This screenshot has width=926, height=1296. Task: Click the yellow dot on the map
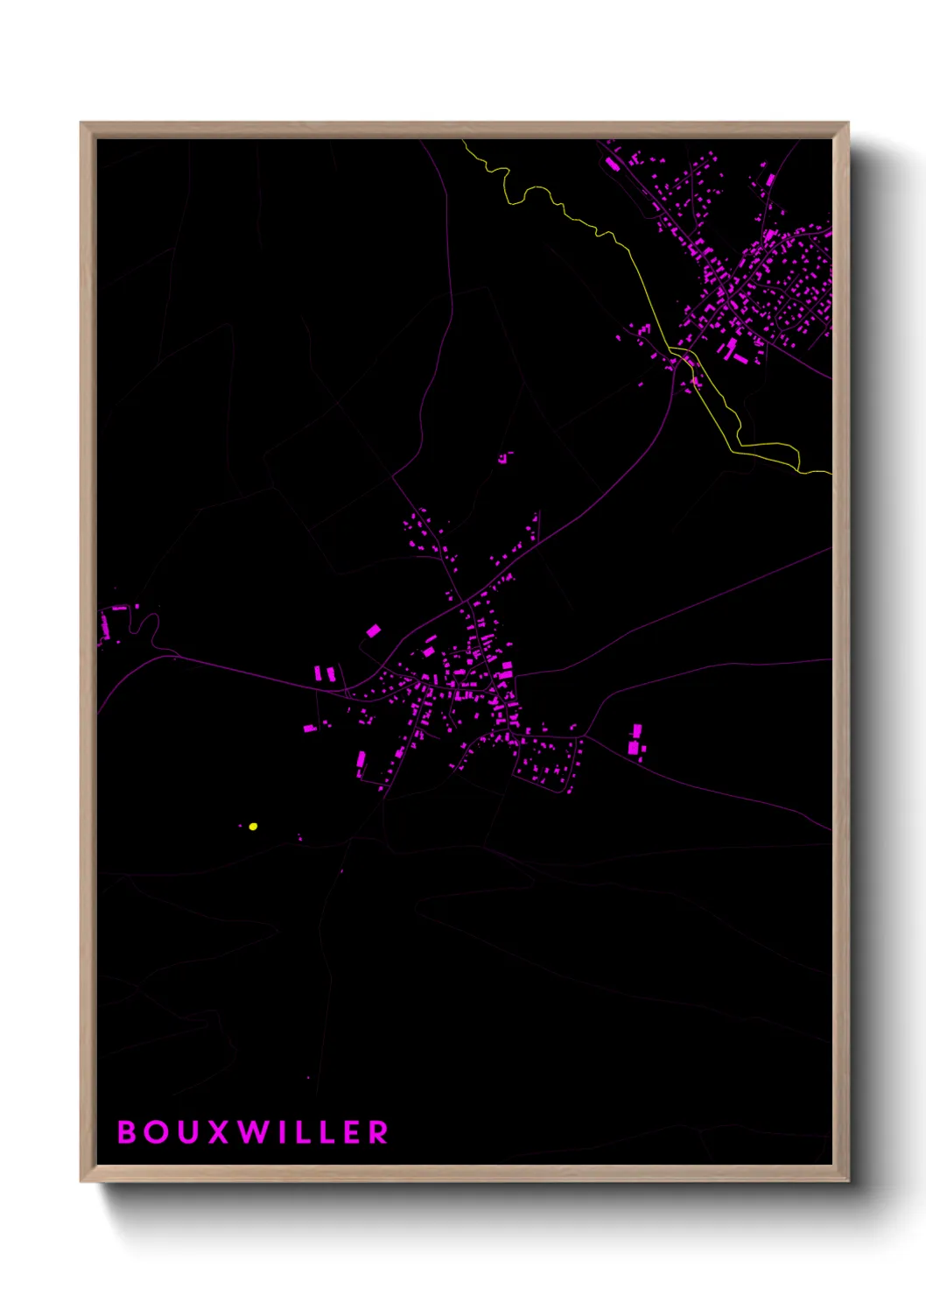point(253,826)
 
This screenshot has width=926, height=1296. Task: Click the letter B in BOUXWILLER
point(127,1132)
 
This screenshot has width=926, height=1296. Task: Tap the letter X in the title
point(219,1132)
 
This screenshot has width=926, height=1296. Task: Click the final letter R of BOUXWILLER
point(378,1132)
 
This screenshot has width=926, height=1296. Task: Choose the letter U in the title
point(188,1132)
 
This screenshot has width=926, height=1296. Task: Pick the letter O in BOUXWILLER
point(158,1132)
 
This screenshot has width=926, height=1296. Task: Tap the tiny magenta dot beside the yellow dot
point(242,825)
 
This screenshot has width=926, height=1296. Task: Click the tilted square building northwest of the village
point(374,630)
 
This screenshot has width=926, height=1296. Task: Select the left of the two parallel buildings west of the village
point(319,673)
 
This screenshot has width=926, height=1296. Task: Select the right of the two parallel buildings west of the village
point(330,673)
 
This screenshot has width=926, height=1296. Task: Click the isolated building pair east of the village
point(635,740)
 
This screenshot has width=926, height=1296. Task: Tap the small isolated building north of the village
point(504,456)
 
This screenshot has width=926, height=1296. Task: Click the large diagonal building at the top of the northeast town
point(611,163)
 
